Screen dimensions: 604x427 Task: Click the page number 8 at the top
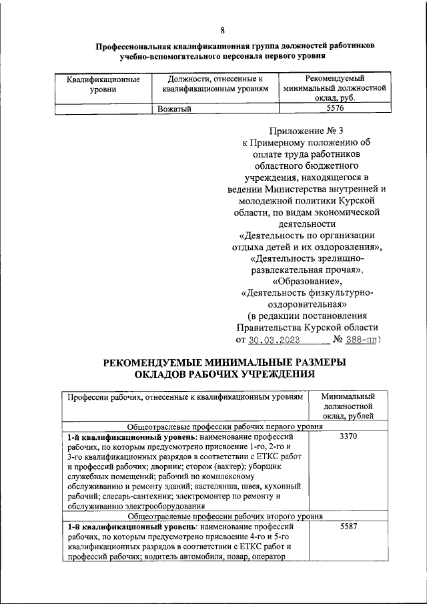click(x=223, y=29)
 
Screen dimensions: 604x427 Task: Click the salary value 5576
click(x=335, y=109)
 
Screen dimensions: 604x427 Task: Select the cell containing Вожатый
click(x=175, y=109)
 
